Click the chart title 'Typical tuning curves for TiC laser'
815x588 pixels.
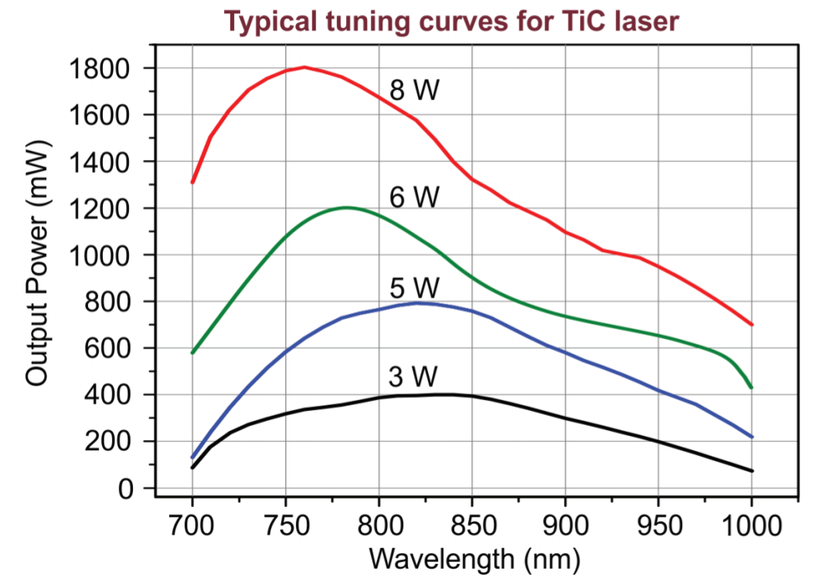click(451, 22)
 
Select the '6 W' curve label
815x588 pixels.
click(414, 198)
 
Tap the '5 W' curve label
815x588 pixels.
click(414, 287)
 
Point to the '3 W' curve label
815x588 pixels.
click(413, 376)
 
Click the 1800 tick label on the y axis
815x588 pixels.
click(99, 69)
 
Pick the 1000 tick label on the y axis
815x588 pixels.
click(99, 256)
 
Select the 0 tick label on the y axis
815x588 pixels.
click(125, 489)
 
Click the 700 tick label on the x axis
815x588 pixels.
click(192, 525)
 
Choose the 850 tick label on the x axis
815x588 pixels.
click(472, 525)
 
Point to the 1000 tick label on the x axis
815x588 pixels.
click(752, 525)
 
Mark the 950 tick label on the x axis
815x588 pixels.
click(658, 525)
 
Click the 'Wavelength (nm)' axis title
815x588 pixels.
click(474, 560)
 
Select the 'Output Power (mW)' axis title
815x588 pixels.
click(37, 263)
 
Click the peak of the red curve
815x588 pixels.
click(304, 67)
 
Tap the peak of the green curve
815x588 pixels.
click(347, 208)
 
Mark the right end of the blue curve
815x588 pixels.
click(752, 437)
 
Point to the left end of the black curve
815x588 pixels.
click(192, 467)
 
